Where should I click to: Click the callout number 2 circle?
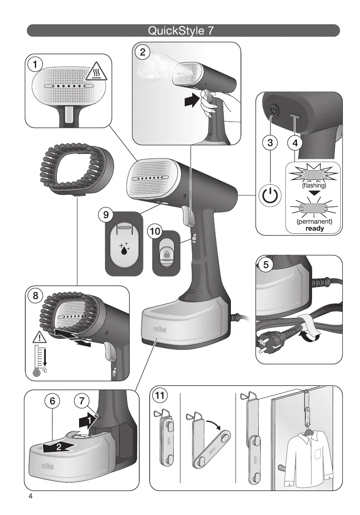143,52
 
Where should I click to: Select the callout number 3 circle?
270,143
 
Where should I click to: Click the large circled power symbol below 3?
270,196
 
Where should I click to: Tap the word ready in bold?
315,229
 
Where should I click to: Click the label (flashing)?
315,185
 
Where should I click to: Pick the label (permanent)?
315,221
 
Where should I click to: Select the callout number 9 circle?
106,215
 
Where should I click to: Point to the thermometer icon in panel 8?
39,357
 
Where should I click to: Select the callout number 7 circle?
82,401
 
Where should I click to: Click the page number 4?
30,496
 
